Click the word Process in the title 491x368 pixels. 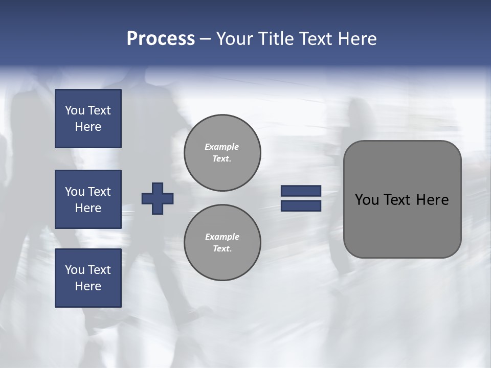pyautogui.click(x=161, y=39)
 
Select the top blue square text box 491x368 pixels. pyautogui.click(x=88, y=119)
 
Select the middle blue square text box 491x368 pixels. pyautogui.click(x=88, y=199)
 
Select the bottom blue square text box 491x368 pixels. pyautogui.click(x=88, y=278)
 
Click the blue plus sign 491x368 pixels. pyautogui.click(x=158, y=198)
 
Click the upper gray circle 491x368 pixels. pyautogui.click(x=222, y=153)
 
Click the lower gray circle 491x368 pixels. pyautogui.click(x=222, y=243)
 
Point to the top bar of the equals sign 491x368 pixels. pyautogui.click(x=301, y=191)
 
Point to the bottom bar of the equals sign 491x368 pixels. pyautogui.click(x=301, y=206)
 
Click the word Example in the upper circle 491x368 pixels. pyautogui.click(x=222, y=147)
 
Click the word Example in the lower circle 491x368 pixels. pyautogui.click(x=222, y=237)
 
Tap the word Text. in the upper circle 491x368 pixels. pyautogui.click(x=222, y=159)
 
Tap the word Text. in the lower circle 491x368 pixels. pyautogui.click(x=222, y=249)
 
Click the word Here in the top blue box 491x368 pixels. pyautogui.click(x=88, y=127)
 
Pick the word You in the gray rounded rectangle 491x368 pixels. pyautogui.click(x=367, y=200)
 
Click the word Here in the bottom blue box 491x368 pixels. pyautogui.click(x=88, y=286)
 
